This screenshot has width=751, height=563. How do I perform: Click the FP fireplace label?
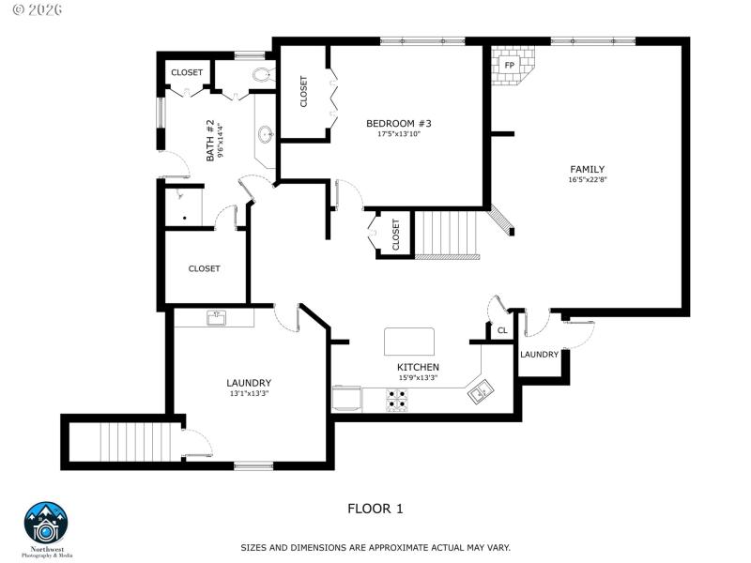pos(510,66)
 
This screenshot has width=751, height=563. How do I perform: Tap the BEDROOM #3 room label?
pos(391,123)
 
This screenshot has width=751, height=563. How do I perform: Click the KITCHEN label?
pos(418,367)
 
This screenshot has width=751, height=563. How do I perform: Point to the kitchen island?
pos(409,342)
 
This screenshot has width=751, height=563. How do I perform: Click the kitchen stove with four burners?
pos(398,401)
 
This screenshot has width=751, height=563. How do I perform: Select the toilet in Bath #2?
pos(262,76)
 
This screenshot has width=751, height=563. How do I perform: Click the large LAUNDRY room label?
pos(249,383)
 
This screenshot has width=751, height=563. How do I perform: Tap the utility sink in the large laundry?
pos(216,318)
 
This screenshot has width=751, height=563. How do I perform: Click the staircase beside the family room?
pos(448,234)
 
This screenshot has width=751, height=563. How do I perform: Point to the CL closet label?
pos(502,330)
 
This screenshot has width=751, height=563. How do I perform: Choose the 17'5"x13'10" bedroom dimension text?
pos(391,134)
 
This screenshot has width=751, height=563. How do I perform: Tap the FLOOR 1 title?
pos(375,509)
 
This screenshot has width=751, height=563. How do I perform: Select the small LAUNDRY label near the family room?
pos(539,355)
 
